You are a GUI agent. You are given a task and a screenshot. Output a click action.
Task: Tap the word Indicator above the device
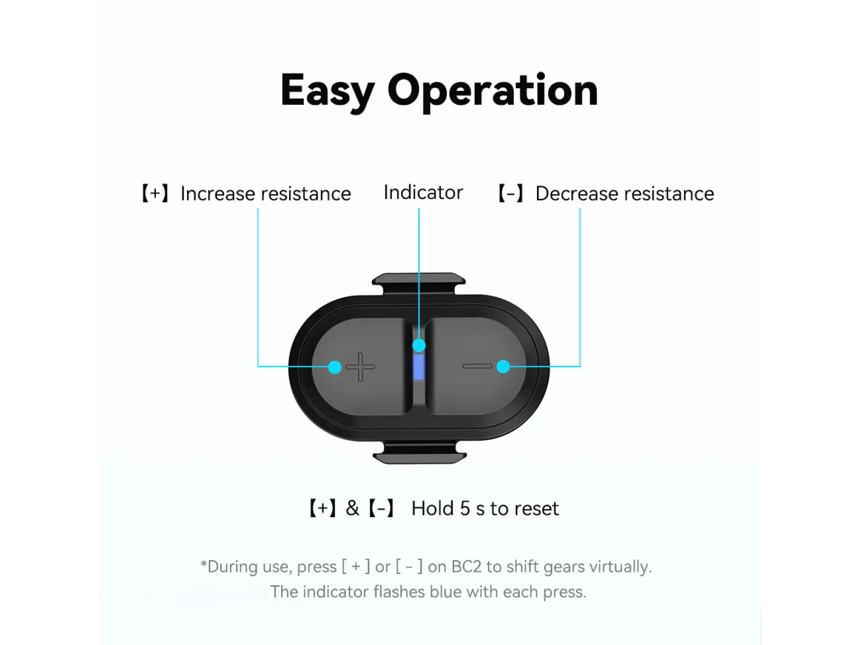tap(423, 192)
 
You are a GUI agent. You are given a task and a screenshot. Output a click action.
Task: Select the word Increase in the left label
tap(218, 193)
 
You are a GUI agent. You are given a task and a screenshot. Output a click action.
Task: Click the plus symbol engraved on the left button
tap(361, 367)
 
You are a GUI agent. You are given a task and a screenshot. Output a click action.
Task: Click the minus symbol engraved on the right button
tap(477, 366)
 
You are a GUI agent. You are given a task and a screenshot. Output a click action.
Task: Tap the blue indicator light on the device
tap(419, 367)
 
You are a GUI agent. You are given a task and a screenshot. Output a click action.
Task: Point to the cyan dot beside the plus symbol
tap(335, 367)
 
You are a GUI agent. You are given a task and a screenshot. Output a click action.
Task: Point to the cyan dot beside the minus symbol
tap(503, 367)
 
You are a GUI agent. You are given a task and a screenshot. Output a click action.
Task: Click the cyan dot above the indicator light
tap(419, 346)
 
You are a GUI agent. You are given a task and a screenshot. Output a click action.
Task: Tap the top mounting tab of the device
tap(418, 283)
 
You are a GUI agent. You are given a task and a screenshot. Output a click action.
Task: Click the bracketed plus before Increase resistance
tap(155, 193)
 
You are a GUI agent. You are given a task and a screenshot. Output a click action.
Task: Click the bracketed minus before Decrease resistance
tap(511, 193)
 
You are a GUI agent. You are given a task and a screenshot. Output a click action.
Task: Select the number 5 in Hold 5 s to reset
tap(465, 508)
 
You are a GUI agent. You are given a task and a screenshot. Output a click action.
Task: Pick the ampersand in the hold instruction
tap(352, 508)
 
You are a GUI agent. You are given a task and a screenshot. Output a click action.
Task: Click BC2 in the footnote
tap(466, 567)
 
